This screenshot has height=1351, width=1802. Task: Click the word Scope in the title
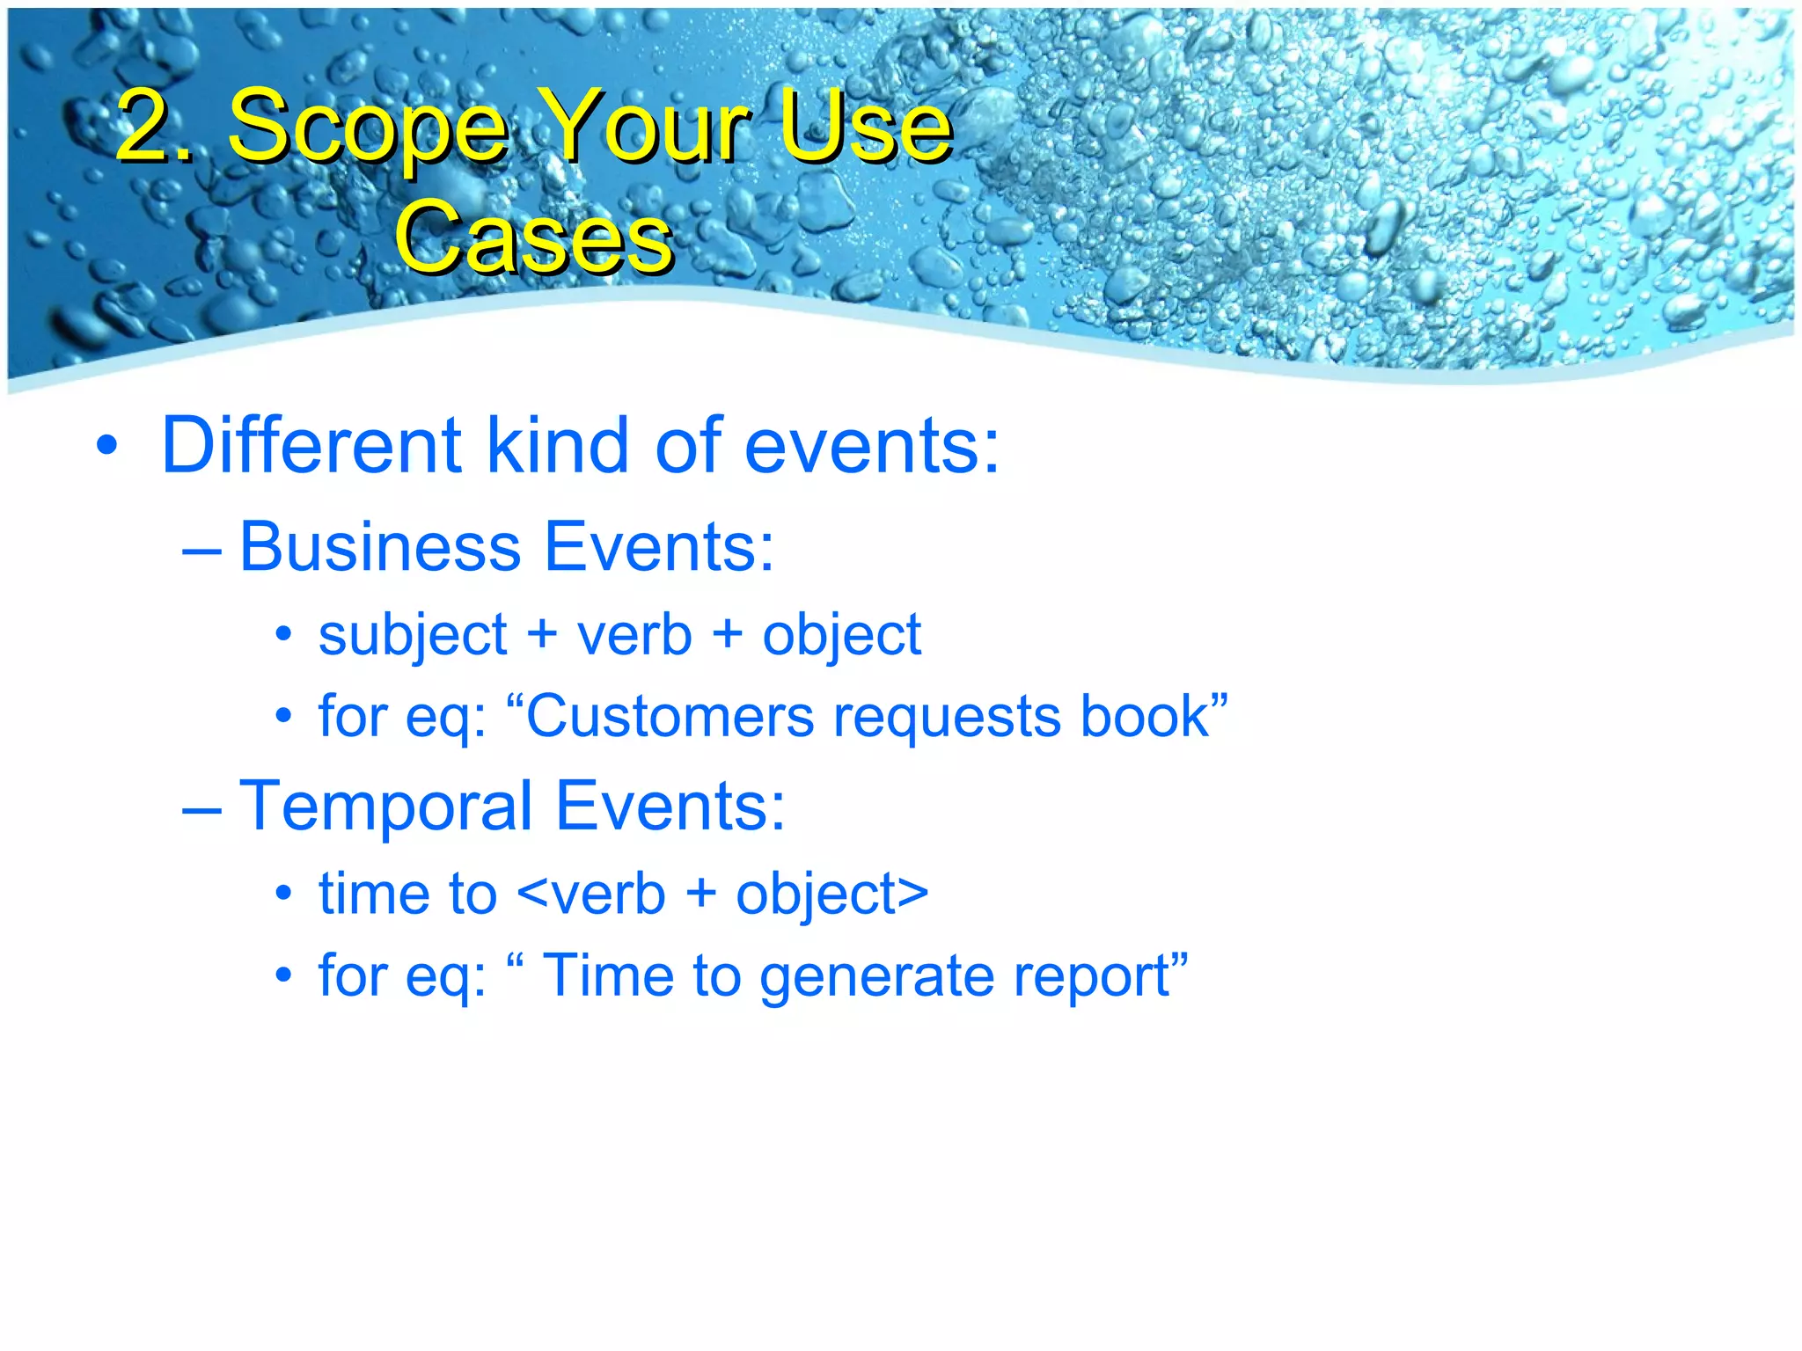(x=368, y=128)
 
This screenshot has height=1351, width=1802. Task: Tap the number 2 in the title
(x=144, y=127)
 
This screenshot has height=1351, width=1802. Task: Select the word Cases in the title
(x=534, y=237)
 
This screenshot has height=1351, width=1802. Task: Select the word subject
(x=413, y=635)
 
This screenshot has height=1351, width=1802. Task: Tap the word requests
(x=948, y=718)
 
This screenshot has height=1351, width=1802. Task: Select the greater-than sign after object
(x=912, y=895)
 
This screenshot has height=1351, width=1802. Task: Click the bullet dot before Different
(x=106, y=445)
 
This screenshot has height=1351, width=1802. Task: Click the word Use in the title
(x=866, y=128)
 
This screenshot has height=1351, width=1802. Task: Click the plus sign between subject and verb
(x=542, y=635)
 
